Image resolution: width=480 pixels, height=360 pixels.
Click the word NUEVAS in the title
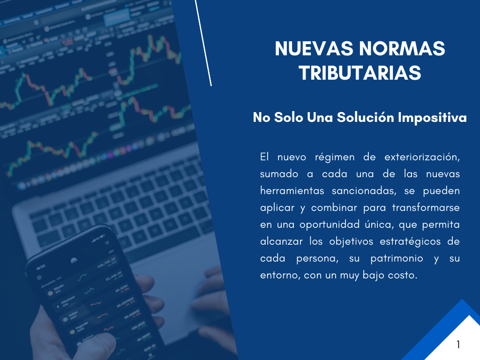[314, 49]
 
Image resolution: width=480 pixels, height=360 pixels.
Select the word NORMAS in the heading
[402, 49]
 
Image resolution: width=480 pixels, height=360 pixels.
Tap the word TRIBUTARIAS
[360, 73]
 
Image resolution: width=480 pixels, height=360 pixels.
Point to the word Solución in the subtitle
[366, 117]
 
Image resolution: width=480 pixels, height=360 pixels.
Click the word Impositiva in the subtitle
[432, 118]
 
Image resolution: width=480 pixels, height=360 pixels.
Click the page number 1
[458, 345]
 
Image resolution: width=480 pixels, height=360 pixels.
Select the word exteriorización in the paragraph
[422, 157]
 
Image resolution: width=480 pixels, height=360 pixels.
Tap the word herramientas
[292, 191]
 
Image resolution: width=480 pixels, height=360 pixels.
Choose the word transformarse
[426, 208]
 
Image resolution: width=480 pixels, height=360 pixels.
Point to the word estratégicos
[410, 241]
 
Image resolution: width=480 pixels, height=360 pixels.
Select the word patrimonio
[397, 258]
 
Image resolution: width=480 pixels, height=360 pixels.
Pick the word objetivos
[352, 241]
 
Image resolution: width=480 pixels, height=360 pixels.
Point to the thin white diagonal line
[203, 43]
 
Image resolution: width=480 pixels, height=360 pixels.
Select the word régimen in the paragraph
[335, 157]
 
